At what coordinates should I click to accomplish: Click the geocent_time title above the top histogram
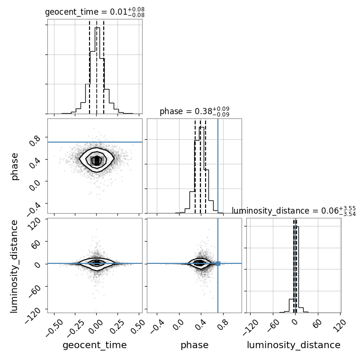click(x=95, y=12)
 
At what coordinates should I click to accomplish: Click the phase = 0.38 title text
click(x=195, y=111)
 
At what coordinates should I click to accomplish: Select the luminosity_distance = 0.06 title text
click(x=294, y=211)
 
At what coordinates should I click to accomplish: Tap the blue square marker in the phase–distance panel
click(x=218, y=263)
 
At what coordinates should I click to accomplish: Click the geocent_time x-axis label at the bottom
click(x=95, y=345)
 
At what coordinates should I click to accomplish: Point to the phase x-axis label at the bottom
click(x=195, y=345)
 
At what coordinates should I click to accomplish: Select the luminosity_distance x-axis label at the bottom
click(x=294, y=345)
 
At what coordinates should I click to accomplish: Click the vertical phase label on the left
click(x=14, y=166)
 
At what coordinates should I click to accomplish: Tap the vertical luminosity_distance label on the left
click(x=14, y=266)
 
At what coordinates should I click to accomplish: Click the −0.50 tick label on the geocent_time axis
click(x=54, y=328)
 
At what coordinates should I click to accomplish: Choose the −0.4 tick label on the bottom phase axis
click(x=157, y=326)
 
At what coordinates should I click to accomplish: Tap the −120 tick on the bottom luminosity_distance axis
click(x=251, y=328)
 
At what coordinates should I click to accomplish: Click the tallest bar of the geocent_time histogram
click(x=98, y=71)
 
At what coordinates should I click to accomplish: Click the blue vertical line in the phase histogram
click(x=218, y=166)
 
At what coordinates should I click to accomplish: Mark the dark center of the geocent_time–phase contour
click(x=97, y=161)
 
